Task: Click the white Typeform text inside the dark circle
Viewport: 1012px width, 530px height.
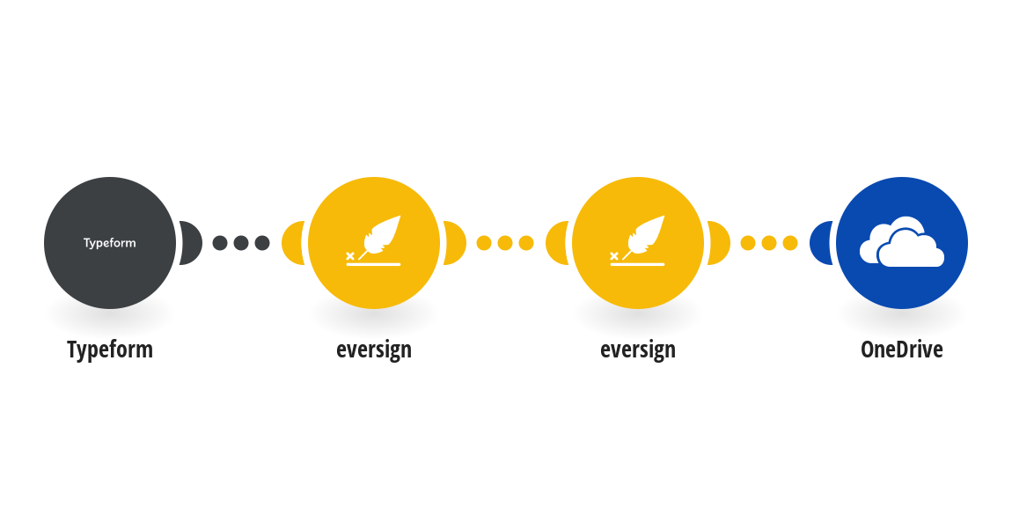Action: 110,243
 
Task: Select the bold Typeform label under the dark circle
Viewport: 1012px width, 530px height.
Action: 110,350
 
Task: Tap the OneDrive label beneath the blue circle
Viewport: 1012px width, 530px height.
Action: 902,350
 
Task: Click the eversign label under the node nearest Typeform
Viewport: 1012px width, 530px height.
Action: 374,350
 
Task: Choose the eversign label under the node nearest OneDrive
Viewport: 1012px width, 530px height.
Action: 638,350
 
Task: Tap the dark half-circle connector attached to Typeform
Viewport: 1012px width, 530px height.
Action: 191,243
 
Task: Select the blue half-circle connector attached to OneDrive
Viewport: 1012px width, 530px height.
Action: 821,243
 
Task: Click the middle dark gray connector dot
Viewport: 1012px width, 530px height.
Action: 241,243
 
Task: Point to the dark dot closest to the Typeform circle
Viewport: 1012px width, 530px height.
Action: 220,243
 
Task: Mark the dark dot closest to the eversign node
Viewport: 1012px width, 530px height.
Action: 262,243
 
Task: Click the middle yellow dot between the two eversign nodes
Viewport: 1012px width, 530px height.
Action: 505,243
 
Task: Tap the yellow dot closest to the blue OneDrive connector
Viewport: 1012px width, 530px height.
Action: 790,243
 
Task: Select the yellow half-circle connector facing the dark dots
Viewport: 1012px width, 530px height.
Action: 293,243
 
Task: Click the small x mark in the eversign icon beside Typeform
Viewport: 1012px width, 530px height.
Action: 350,256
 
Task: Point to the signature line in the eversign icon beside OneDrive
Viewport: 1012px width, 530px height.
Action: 637,265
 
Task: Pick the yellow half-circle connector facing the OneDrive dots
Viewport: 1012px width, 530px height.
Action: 719,243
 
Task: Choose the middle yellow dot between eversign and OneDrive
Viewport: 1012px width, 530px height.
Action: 769,243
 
